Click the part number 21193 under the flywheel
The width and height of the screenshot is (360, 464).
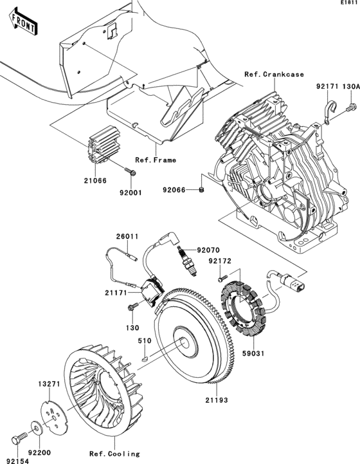click(216, 400)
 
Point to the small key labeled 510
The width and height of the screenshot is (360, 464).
click(146, 352)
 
